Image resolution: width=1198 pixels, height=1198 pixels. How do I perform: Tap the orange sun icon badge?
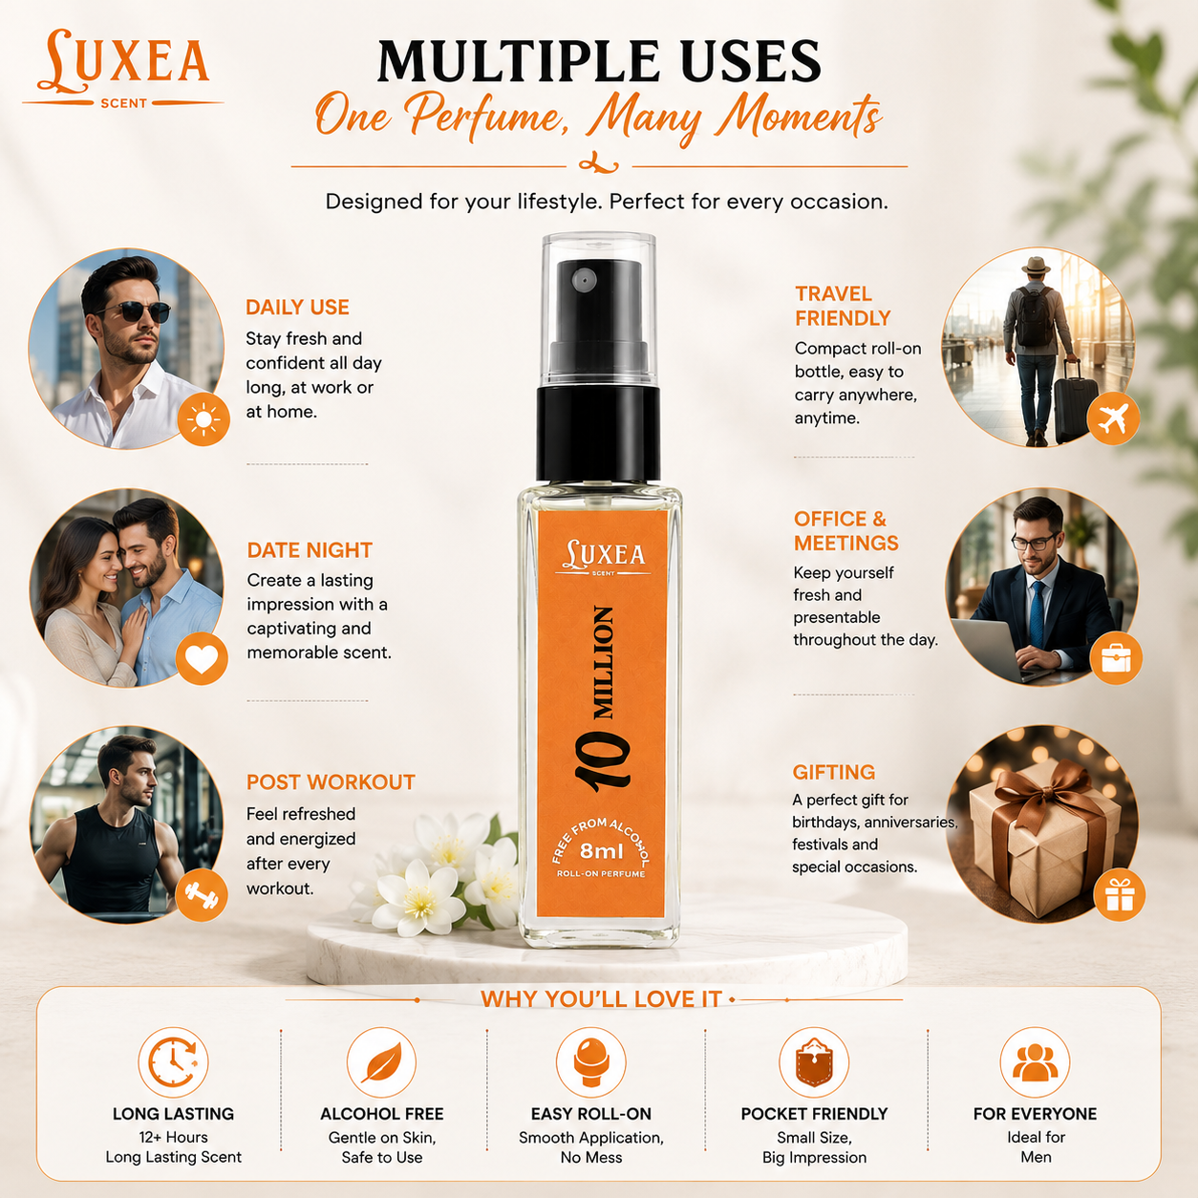203,419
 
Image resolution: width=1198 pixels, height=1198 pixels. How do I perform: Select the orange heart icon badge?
202,659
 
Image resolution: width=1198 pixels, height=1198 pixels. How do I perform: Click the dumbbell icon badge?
202,895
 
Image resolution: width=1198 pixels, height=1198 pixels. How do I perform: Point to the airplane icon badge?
1113,418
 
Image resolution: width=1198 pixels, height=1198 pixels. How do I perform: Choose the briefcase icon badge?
1117,658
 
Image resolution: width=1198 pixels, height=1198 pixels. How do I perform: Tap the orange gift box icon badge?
1120,894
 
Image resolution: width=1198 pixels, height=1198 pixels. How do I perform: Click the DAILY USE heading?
297,307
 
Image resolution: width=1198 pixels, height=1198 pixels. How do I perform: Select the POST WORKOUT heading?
331,782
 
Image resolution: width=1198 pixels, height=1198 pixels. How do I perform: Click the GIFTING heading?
834,772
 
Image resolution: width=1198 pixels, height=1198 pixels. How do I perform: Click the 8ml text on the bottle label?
601,850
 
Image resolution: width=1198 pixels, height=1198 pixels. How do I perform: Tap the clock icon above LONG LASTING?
174,1062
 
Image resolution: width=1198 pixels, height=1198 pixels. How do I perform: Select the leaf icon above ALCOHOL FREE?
381,1062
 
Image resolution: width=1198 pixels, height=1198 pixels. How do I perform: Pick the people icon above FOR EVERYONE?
1036,1062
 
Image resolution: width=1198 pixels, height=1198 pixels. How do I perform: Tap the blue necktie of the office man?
1037,612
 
